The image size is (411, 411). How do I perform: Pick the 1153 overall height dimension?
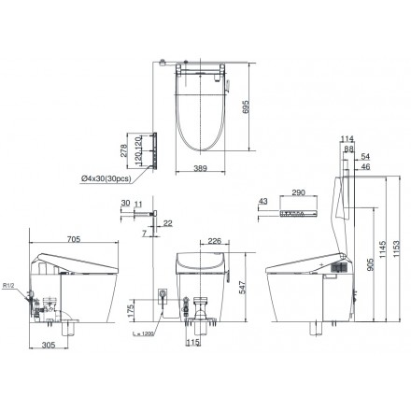pyautogui.click(x=402, y=241)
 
